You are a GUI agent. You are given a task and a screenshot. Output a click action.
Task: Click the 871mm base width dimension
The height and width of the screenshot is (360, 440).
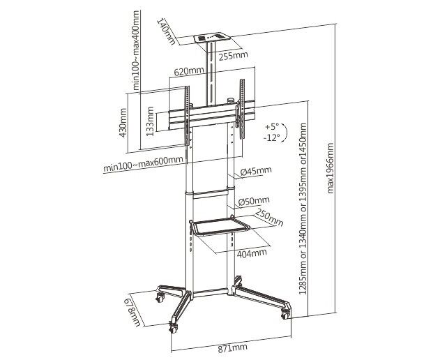(233, 348)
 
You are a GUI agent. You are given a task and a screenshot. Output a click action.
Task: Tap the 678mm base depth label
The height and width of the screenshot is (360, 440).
(134, 313)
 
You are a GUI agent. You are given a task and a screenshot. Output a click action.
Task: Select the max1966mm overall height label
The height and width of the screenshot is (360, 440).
(331, 168)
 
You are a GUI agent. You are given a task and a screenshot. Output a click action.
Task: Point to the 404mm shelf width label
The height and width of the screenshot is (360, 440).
(252, 253)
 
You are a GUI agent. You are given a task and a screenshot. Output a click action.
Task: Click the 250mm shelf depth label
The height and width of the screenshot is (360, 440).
(269, 218)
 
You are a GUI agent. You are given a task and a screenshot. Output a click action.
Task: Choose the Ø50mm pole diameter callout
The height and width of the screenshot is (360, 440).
(254, 202)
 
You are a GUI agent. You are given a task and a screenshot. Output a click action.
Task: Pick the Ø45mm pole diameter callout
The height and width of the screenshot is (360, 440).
(256, 171)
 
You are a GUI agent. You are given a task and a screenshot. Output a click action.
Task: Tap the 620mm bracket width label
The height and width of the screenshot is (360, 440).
(189, 71)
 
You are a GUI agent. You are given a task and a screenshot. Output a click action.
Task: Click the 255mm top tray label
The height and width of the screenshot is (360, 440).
(233, 56)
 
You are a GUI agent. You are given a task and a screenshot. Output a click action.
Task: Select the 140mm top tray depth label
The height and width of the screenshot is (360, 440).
(167, 31)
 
